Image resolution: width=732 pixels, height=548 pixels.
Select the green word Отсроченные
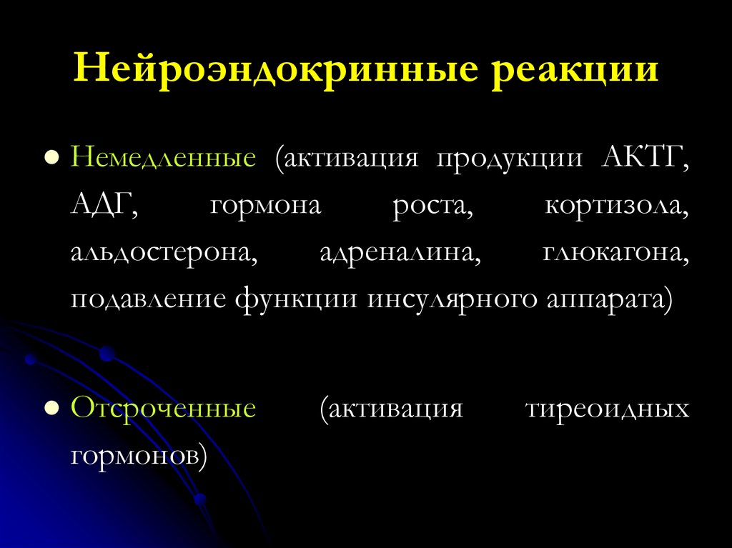pos(163,409)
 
